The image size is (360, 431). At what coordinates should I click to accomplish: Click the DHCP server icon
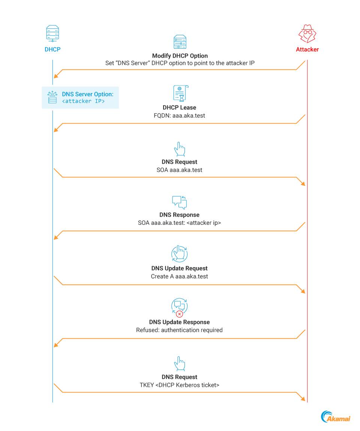tap(52, 34)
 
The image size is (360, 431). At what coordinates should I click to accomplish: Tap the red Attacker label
tap(307, 49)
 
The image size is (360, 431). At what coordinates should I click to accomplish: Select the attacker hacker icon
tap(307, 34)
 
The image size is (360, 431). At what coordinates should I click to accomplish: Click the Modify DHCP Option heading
tap(180, 56)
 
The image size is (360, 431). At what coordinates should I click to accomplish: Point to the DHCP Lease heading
tap(179, 108)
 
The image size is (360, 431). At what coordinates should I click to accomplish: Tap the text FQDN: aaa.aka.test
tap(179, 115)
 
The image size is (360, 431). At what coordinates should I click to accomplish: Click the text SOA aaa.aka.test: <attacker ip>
tap(179, 223)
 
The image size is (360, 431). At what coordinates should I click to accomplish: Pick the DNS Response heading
tap(179, 215)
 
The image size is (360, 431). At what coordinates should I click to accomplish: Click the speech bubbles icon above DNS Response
tap(179, 202)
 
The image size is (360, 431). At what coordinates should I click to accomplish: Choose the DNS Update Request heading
tap(179, 268)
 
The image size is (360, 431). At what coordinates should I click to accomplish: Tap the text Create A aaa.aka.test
tap(179, 276)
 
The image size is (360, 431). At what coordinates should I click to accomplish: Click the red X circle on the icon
tap(180, 314)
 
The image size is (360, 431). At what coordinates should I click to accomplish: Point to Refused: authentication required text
tap(179, 330)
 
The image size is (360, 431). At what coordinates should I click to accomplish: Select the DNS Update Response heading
tap(179, 322)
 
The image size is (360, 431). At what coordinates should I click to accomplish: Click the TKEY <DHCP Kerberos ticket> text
tap(179, 385)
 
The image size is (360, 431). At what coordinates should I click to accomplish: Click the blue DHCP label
tap(52, 49)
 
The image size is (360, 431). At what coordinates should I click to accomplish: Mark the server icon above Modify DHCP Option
tap(180, 42)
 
